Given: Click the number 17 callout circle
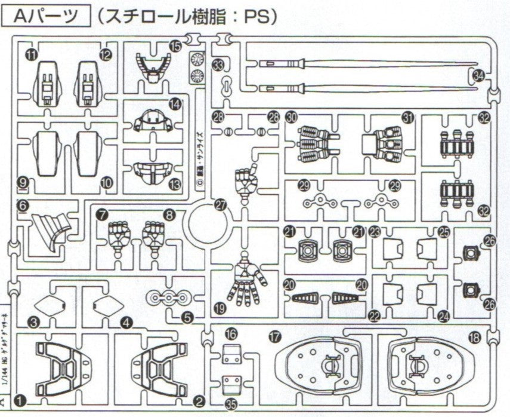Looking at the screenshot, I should [274, 337].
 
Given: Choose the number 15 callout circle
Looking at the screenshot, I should [174, 45].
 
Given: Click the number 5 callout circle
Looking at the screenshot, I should [187, 319].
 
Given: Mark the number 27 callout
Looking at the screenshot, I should [221, 204].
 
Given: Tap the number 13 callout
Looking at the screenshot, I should [174, 184].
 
